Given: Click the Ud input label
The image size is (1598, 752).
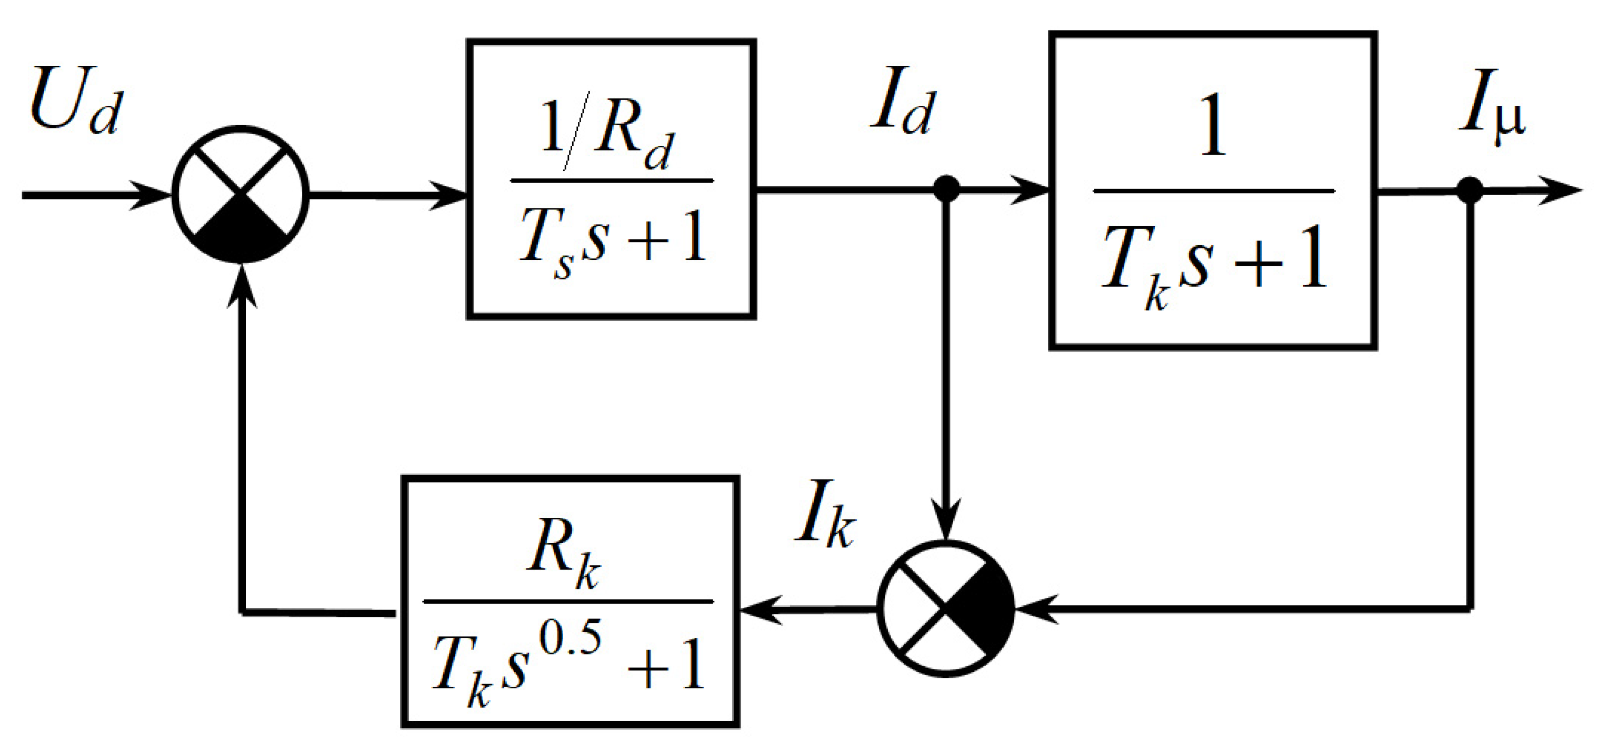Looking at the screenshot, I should pos(76,101).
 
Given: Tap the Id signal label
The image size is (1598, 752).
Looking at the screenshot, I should pos(903,101).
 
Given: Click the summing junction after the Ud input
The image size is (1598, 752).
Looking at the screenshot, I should pos(240,195).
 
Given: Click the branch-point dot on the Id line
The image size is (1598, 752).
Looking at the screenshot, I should pos(946,188).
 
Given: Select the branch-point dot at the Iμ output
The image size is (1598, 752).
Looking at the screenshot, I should pos(1470,190).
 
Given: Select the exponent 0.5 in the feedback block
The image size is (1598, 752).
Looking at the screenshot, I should pos(569,639).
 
